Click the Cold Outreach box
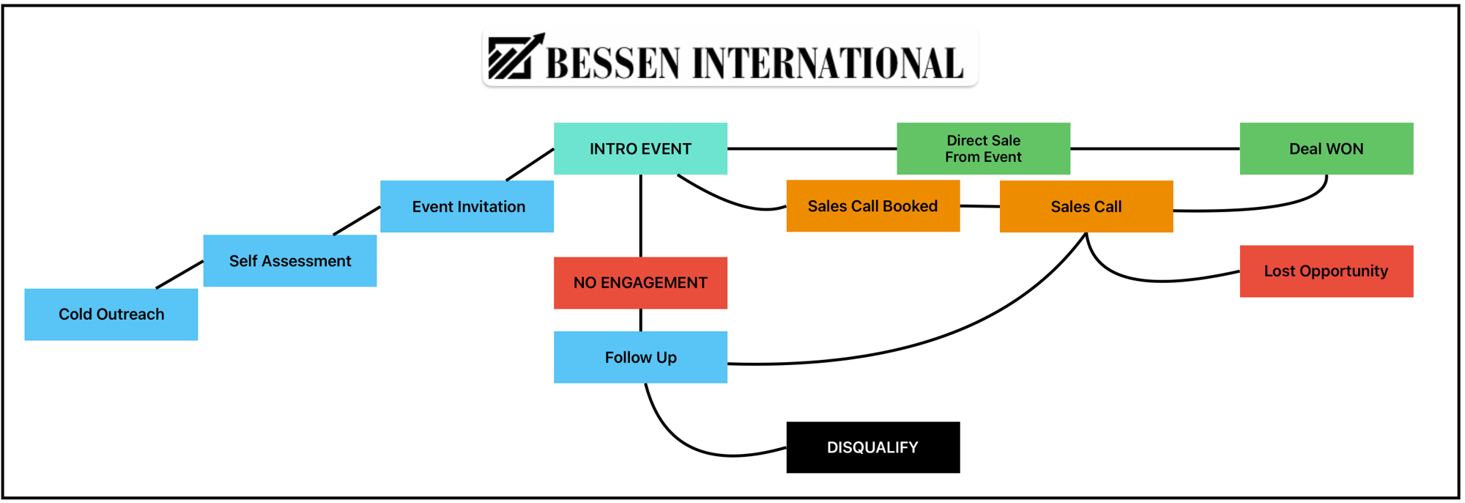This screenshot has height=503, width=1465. (111, 314)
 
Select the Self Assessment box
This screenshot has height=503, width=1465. (289, 260)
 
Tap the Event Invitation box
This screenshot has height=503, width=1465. (467, 206)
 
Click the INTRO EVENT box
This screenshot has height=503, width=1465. (640, 148)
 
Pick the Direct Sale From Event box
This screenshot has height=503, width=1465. (983, 148)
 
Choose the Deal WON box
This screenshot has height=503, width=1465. (1326, 148)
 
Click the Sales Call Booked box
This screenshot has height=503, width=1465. (872, 206)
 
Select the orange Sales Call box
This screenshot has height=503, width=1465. (1086, 206)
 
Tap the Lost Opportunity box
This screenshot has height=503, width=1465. (1326, 271)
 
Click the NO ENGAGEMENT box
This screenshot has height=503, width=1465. (640, 282)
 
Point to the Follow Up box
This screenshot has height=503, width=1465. (640, 357)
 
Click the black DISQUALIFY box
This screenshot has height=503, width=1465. (872, 447)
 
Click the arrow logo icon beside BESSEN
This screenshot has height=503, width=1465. (516, 56)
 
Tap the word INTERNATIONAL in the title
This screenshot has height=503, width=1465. (827, 63)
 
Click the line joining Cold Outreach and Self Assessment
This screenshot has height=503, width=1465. (179, 274)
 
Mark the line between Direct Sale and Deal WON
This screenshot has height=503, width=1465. (1154, 148)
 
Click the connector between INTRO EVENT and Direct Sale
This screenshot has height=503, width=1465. (812, 148)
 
